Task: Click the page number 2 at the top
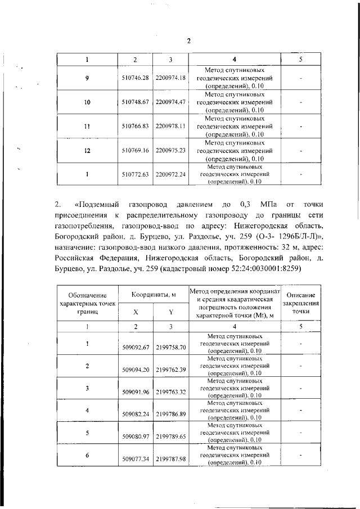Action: [x=189, y=40]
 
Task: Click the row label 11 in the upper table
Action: [x=87, y=127]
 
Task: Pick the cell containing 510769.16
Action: [x=135, y=151]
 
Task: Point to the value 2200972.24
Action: [x=170, y=175]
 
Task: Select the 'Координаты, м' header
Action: [x=154, y=295]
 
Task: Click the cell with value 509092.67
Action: [x=135, y=348]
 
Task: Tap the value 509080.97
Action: [x=135, y=436]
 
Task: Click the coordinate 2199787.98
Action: [x=170, y=459]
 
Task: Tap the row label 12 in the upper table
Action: [x=87, y=151]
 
